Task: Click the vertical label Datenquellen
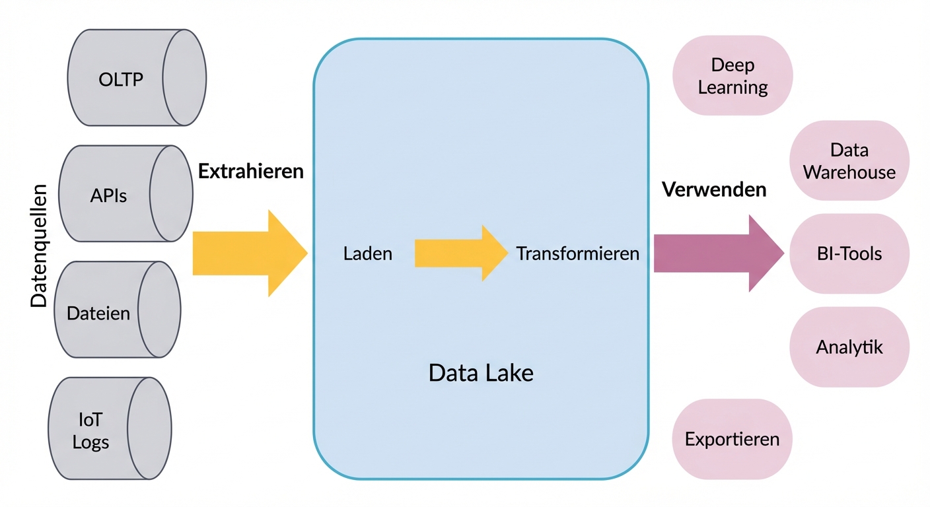39,246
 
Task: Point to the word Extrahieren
251,172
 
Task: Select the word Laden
368,253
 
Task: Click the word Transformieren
577,253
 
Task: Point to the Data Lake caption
481,373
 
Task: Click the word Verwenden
714,190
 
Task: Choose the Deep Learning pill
732,76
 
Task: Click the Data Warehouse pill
849,160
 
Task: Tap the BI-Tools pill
849,253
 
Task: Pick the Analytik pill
849,347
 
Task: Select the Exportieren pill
732,439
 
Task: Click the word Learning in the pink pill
733,87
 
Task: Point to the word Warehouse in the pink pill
849,172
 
